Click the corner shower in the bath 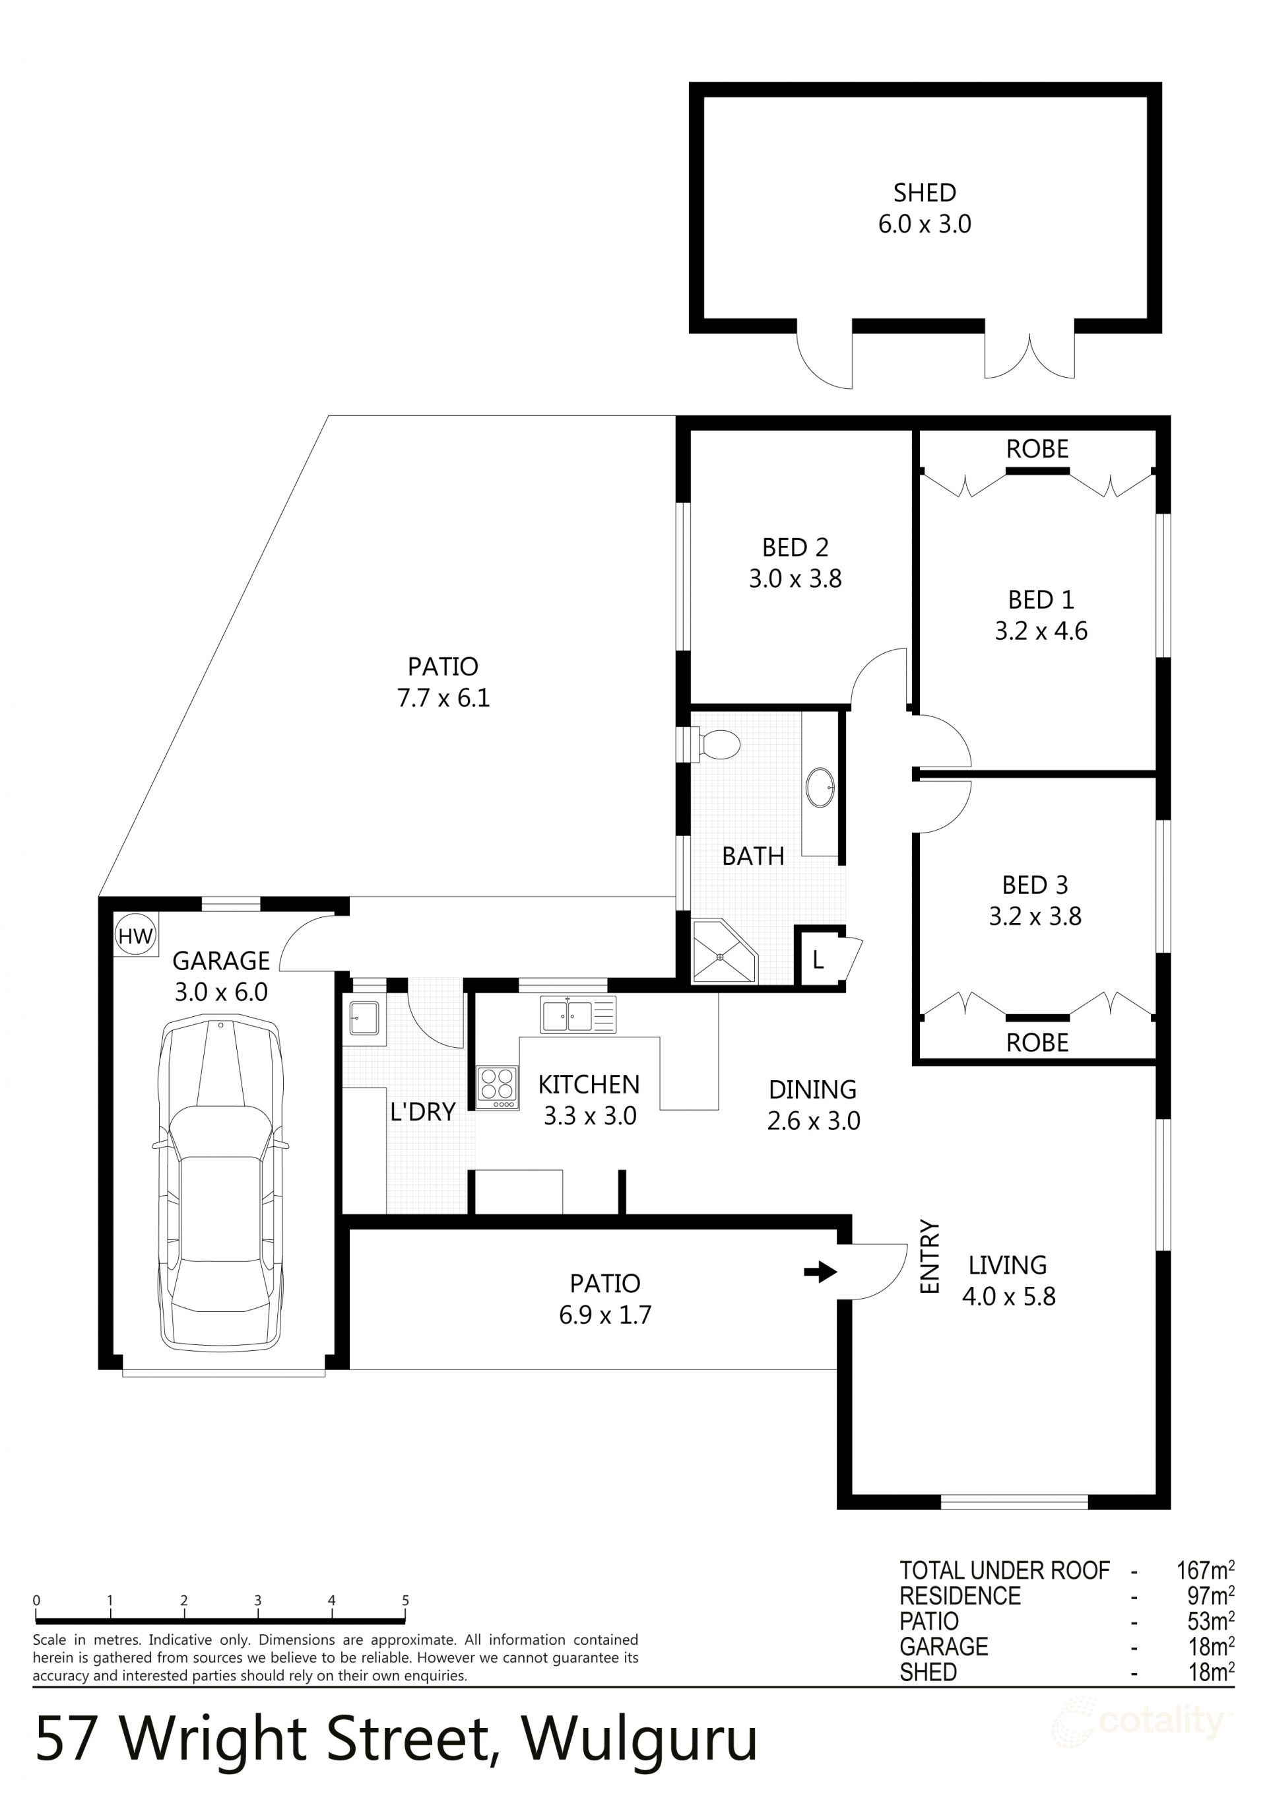tap(723, 953)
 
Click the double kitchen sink tap(577, 1015)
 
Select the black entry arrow tap(820, 1272)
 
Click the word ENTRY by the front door tap(930, 1257)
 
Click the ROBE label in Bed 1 tap(1037, 449)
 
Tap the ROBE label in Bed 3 tap(1037, 1043)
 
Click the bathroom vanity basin tap(820, 787)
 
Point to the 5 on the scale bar tap(405, 1601)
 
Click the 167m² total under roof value tap(1204, 1570)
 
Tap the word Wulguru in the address tap(639, 1739)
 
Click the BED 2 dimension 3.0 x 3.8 tap(795, 579)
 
